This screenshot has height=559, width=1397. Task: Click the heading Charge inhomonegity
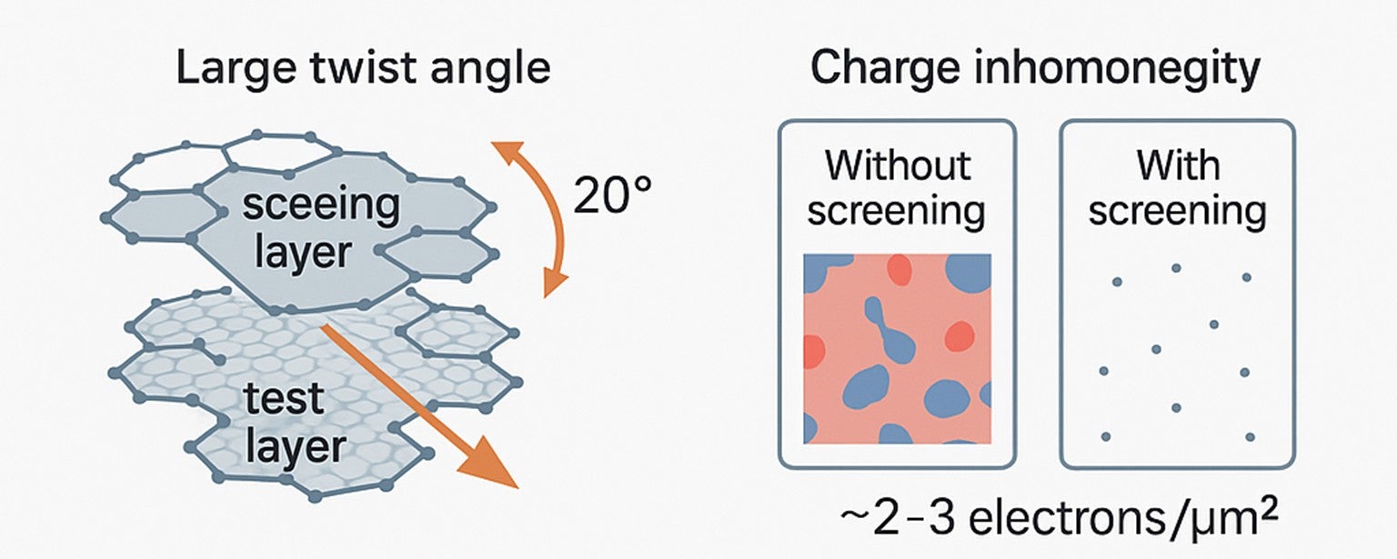click(x=1035, y=69)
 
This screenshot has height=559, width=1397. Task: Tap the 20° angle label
click(x=612, y=195)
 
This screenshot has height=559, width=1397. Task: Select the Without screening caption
click(x=896, y=188)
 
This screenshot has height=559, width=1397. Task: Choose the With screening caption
click(x=1177, y=188)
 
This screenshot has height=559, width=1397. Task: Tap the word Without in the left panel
click(x=897, y=165)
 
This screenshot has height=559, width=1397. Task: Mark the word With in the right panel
click(x=1178, y=165)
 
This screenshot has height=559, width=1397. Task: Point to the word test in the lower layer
click(x=286, y=400)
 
